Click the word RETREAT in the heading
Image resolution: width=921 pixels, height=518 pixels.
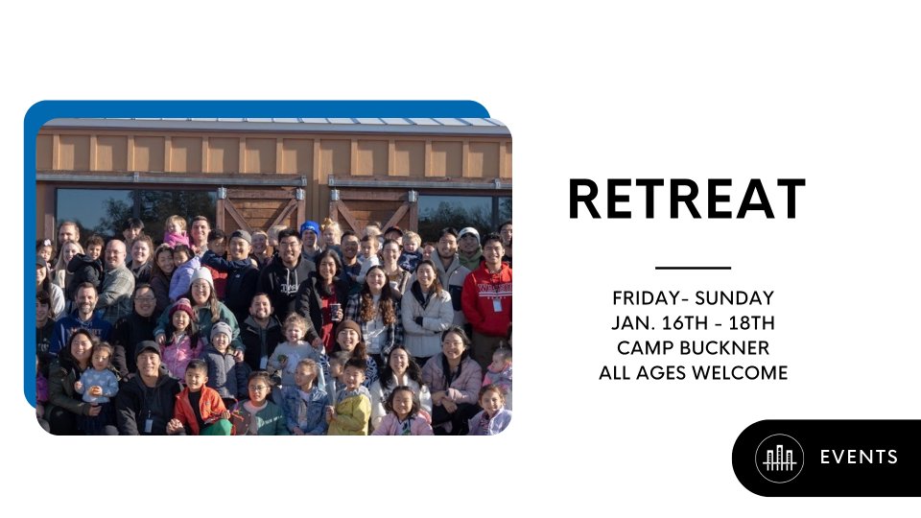click(x=686, y=199)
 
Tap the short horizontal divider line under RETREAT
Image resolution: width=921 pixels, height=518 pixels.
click(x=693, y=268)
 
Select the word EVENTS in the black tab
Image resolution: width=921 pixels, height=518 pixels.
click(x=859, y=457)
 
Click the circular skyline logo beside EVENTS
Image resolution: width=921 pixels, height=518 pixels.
click(x=779, y=459)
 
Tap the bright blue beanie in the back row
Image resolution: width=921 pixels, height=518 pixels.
click(x=310, y=227)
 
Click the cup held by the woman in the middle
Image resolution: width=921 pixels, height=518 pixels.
click(x=334, y=311)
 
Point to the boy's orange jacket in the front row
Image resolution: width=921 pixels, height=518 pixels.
click(x=199, y=409)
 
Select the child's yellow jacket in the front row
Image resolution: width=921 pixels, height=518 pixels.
click(x=350, y=412)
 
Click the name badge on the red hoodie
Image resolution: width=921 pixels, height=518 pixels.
click(x=498, y=305)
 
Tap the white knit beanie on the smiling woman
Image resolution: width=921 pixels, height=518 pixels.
click(x=202, y=275)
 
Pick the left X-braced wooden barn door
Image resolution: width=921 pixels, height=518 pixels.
click(x=261, y=209)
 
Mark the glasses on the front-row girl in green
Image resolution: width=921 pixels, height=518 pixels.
click(x=258, y=388)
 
